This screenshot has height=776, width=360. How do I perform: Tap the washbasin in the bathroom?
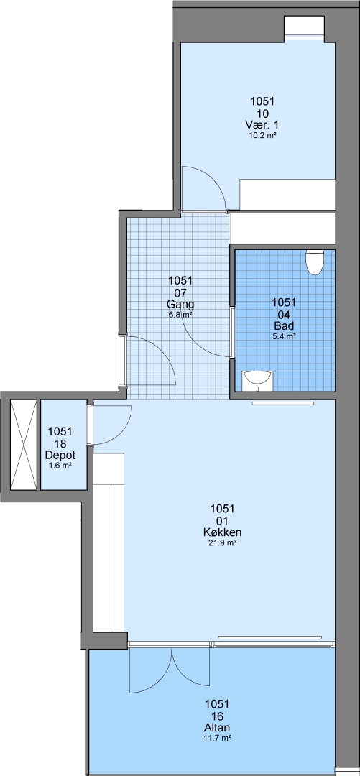(257, 380)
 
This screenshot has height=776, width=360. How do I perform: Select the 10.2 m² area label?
(262, 134)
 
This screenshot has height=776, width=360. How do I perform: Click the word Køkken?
(222, 532)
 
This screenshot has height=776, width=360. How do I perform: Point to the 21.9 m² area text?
(222, 543)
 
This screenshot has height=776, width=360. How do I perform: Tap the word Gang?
(181, 305)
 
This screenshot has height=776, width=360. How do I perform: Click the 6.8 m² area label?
(181, 314)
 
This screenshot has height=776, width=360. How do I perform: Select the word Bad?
(285, 325)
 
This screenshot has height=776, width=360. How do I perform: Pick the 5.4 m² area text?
(285, 336)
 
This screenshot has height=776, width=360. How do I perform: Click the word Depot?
(60, 455)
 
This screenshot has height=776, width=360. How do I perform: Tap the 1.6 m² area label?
(60, 465)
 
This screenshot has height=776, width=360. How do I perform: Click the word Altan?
(218, 728)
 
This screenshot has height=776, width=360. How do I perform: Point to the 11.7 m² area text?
(218, 738)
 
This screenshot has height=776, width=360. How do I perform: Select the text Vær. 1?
(262, 125)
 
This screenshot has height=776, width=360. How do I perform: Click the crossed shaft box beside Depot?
(23, 445)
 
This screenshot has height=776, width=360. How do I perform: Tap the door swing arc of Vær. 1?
(214, 179)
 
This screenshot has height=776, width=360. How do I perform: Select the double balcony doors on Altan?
(171, 669)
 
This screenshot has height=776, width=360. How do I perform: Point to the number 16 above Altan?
(218, 716)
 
